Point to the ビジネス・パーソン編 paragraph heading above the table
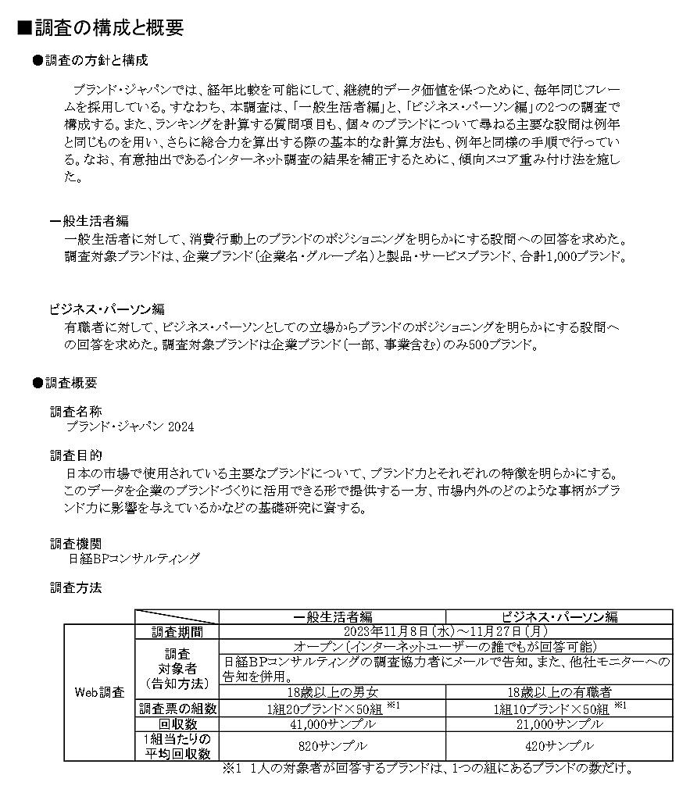[x=107, y=309]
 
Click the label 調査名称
[x=76, y=412]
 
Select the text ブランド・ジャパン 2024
[x=130, y=427]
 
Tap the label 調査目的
[x=76, y=455]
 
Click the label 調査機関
[x=76, y=543]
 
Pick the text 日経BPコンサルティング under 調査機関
[x=134, y=559]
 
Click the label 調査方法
[x=76, y=587]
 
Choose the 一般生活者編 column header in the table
[x=332, y=616]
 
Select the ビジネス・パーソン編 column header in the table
[x=559, y=616]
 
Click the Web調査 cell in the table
[x=99, y=692]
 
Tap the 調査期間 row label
[x=177, y=631]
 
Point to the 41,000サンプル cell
[x=332, y=723]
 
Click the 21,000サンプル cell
[x=559, y=723]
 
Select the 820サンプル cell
[x=332, y=746]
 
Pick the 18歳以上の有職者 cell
[x=559, y=692]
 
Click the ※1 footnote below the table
[x=427, y=768]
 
